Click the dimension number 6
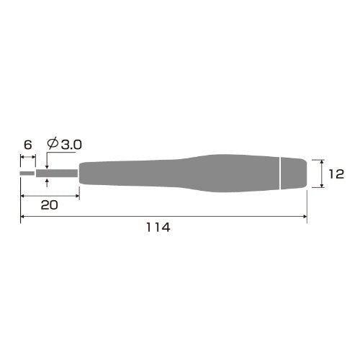click(x=27, y=144)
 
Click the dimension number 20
click(x=49, y=204)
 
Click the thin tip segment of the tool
click(x=27, y=173)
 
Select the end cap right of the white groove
click(x=294, y=173)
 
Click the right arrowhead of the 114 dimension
click(x=305, y=217)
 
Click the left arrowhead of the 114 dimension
click(x=23, y=217)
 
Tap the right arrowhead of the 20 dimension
click(x=76, y=195)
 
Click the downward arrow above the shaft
click(x=47, y=165)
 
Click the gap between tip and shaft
click(x=35, y=173)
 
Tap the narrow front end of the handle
click(x=84, y=173)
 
